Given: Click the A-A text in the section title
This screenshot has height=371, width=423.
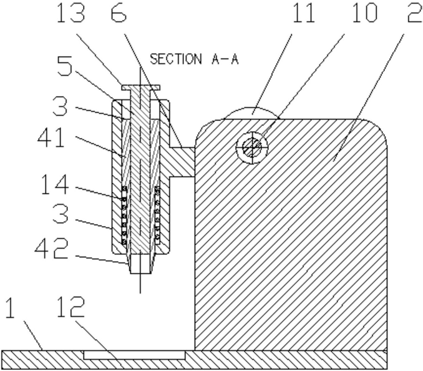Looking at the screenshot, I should (221, 59).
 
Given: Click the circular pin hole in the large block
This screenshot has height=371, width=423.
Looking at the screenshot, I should (251, 148).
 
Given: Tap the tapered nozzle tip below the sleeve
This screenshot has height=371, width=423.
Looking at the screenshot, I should (140, 263).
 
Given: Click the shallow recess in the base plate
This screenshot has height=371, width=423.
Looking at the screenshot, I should (134, 354).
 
